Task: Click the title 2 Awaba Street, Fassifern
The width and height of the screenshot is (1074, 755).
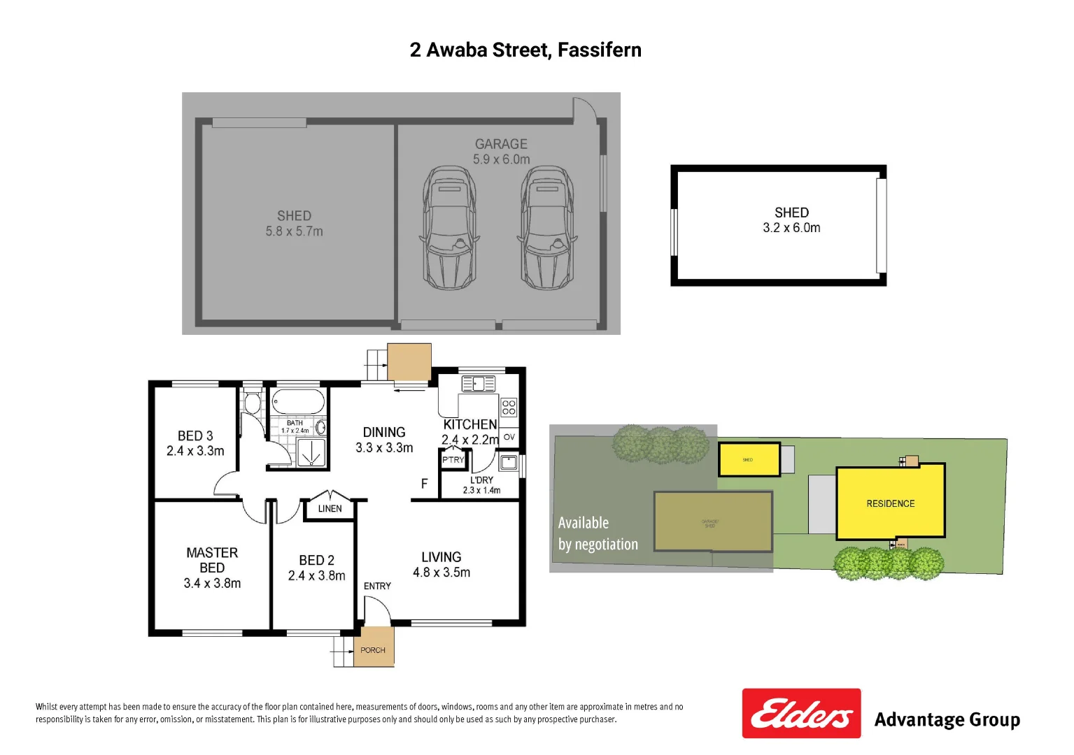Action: pos(525,50)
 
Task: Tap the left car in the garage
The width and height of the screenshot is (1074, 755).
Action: pos(449,228)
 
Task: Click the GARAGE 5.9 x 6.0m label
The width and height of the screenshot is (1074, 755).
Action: pos(501,152)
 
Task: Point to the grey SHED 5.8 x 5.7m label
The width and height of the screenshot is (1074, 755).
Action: pos(294,224)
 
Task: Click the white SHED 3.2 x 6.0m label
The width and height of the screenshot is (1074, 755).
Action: pos(791,220)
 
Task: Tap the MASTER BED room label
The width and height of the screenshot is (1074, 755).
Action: pos(212,568)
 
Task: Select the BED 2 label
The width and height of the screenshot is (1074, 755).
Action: pos(316,568)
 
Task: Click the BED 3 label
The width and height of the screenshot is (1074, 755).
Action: pos(195,443)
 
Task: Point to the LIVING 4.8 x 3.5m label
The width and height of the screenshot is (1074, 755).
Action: pos(441,564)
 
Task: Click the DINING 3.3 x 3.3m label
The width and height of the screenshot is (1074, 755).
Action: pos(384,440)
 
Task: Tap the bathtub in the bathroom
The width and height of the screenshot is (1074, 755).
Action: pos(298,403)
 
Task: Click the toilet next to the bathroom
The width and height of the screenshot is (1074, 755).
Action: pos(252,402)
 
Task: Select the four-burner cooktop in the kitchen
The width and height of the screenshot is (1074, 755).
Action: pos(509,407)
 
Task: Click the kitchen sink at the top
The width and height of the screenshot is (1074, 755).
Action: pos(479,384)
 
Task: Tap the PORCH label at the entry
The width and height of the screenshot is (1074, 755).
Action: pos(373,650)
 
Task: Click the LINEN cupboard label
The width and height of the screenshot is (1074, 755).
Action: pos(330,509)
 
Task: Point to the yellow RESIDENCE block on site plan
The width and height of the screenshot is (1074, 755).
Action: pos(890,503)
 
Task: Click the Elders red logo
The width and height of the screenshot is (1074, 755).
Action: pos(801,713)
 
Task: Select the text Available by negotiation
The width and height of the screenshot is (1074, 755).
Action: pos(598,533)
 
